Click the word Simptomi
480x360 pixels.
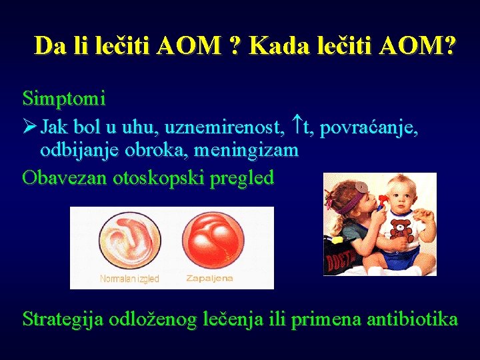pyautogui.click(x=64, y=99)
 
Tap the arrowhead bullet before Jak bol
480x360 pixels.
pyautogui.click(x=30, y=127)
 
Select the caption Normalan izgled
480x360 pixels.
pyautogui.click(x=129, y=279)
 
